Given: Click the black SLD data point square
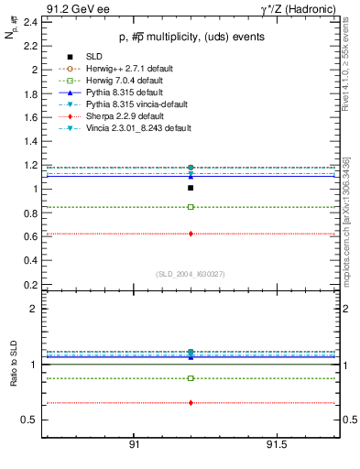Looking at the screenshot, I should pyautogui.click(x=191, y=188).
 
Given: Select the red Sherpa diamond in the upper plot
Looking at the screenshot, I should pyautogui.click(x=191, y=234).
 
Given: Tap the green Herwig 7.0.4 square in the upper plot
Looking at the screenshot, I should pyautogui.click(x=191, y=207).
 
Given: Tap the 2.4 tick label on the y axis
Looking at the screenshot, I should pyautogui.click(x=30, y=22).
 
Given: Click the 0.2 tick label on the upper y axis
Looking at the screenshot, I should pyautogui.click(x=30, y=284).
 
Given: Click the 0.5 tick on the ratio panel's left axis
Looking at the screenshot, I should pyautogui.click(x=30, y=420).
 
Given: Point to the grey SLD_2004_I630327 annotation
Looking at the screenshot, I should pyautogui.click(x=190, y=274).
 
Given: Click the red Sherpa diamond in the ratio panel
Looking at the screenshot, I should pyautogui.click(x=191, y=403).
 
